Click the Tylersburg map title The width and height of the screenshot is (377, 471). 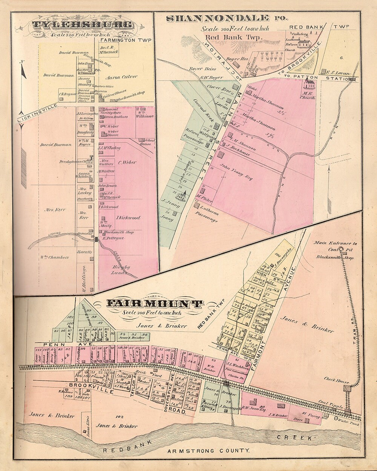[x=82, y=26]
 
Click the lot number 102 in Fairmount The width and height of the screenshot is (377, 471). [x=120, y=416]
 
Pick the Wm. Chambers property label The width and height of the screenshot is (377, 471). [x=55, y=258]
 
